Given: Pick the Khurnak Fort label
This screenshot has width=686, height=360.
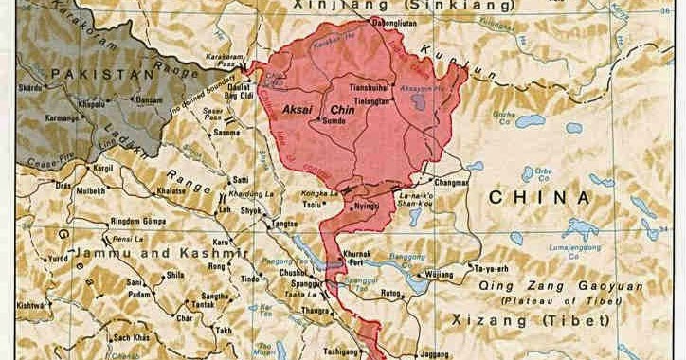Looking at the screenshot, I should point(352,258).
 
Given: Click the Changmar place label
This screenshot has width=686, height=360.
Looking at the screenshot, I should point(450,182).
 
